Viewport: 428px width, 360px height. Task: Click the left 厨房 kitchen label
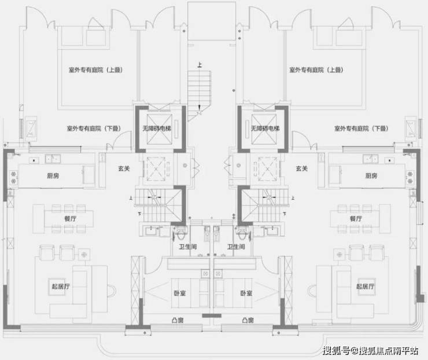(54, 176)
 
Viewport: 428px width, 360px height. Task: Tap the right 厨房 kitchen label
(371, 176)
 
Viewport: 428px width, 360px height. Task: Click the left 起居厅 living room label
(61, 286)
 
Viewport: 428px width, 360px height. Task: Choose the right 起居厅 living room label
(366, 286)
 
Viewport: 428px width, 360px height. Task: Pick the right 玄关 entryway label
(301, 168)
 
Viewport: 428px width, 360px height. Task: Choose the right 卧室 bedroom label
(246, 293)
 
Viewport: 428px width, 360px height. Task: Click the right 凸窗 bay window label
(248, 320)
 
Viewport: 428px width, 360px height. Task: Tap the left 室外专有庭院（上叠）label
(97, 70)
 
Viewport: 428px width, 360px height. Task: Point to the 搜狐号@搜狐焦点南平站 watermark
(371, 350)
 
